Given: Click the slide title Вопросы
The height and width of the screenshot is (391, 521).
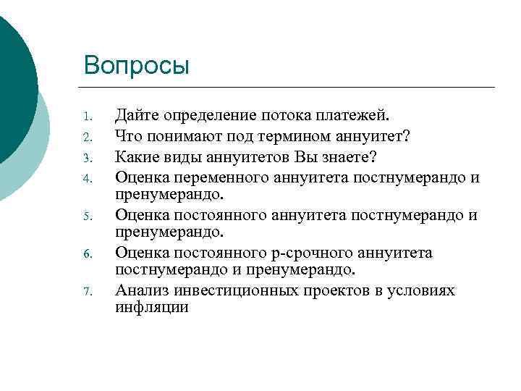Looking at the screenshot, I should pos(136,65).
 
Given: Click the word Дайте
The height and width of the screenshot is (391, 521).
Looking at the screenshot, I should pos(137,116).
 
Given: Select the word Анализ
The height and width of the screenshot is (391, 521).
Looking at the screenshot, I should pos(140,290).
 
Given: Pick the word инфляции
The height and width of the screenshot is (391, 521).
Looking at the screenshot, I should pos(151,307).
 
